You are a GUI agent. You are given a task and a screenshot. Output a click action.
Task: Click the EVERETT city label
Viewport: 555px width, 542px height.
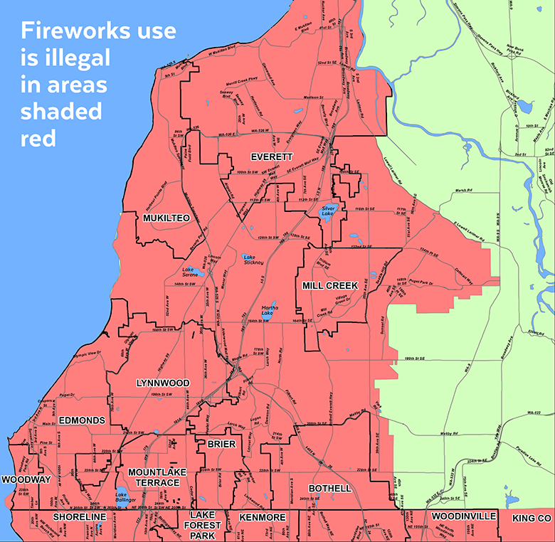[271, 156]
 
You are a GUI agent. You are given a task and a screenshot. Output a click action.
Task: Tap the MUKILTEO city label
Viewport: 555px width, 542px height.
[166, 218]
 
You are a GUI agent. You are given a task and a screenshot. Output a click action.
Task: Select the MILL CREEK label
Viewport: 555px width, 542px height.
[329, 285]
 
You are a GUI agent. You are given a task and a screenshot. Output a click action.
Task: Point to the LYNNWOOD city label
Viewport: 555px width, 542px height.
[163, 383]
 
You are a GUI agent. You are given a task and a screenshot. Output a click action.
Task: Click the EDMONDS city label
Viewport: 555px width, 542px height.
[82, 420]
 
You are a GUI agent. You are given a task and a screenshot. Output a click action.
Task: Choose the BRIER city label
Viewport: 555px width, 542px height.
[216, 444]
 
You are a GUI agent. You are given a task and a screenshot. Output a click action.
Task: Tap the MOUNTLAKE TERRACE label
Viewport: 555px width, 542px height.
[154, 477]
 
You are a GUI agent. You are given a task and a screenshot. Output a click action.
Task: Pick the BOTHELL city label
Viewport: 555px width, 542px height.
[329, 489]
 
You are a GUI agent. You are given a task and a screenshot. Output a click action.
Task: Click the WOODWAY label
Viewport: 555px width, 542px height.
[26, 479]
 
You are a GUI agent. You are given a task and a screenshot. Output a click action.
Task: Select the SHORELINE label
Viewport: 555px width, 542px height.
[80, 516]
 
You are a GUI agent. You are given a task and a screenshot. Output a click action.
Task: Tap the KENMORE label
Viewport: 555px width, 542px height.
[262, 517]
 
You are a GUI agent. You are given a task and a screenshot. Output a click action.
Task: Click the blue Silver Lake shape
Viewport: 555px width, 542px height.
[327, 212]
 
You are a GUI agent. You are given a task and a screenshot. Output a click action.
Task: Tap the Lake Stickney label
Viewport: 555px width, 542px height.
[254, 260]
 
